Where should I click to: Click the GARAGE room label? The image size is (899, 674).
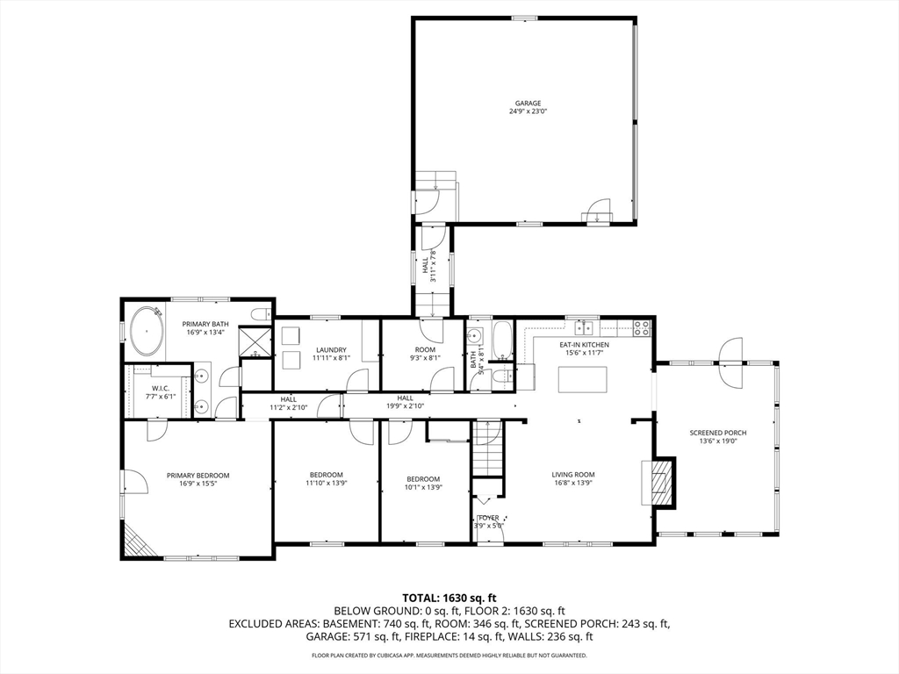point(528,103)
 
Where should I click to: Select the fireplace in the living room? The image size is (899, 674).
point(661,482)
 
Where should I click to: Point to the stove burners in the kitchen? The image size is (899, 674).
point(642,328)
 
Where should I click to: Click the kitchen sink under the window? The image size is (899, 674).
point(584,328)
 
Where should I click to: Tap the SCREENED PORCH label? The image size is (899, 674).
point(717,433)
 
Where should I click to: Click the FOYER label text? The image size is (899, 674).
point(489,518)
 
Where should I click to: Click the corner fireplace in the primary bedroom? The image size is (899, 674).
point(137,541)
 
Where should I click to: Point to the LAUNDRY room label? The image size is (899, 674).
point(331,349)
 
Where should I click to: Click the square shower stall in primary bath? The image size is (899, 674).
point(256,341)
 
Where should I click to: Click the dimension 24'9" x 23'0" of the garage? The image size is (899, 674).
point(528,111)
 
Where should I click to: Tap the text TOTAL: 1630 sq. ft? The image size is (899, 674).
point(449,598)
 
